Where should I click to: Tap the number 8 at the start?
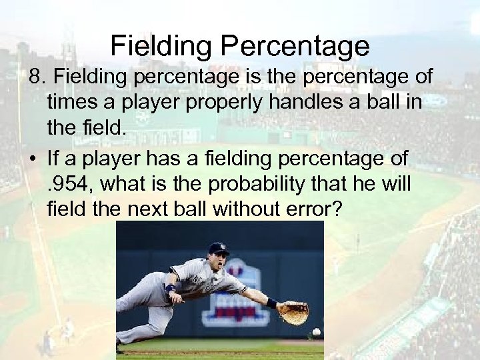pyautogui.click(x=34, y=77)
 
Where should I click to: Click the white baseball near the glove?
pyautogui.click(x=316, y=331)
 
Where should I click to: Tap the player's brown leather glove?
pyautogui.click(x=293, y=312)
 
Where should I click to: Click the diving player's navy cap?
pyautogui.click(x=218, y=248)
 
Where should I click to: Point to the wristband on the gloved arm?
pyautogui.click(x=271, y=303)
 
